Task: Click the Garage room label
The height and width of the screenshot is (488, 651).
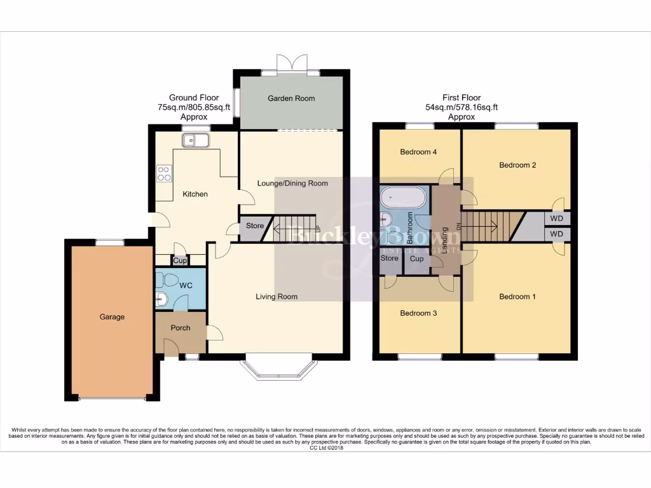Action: [x=111, y=317]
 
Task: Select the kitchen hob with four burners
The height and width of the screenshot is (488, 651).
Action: [x=164, y=173]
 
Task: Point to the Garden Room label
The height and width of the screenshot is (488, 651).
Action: [x=291, y=98]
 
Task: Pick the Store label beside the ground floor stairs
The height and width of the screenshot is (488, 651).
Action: [x=255, y=226]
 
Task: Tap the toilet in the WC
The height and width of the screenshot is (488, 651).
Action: [x=168, y=280]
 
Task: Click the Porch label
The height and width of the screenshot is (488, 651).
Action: [x=181, y=328]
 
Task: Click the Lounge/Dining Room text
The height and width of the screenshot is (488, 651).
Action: [x=292, y=184]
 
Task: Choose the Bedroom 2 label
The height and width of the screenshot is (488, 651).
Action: [x=517, y=165]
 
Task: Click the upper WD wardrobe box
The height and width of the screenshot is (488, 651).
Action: [x=557, y=219]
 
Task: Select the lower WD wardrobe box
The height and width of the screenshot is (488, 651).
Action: [x=557, y=234]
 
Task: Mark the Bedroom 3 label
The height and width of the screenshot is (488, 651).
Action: [x=418, y=313]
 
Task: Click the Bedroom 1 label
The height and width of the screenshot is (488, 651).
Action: [x=517, y=297]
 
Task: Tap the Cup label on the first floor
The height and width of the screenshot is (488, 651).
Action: [x=417, y=259]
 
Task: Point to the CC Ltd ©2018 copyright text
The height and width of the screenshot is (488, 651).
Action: [x=325, y=448]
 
